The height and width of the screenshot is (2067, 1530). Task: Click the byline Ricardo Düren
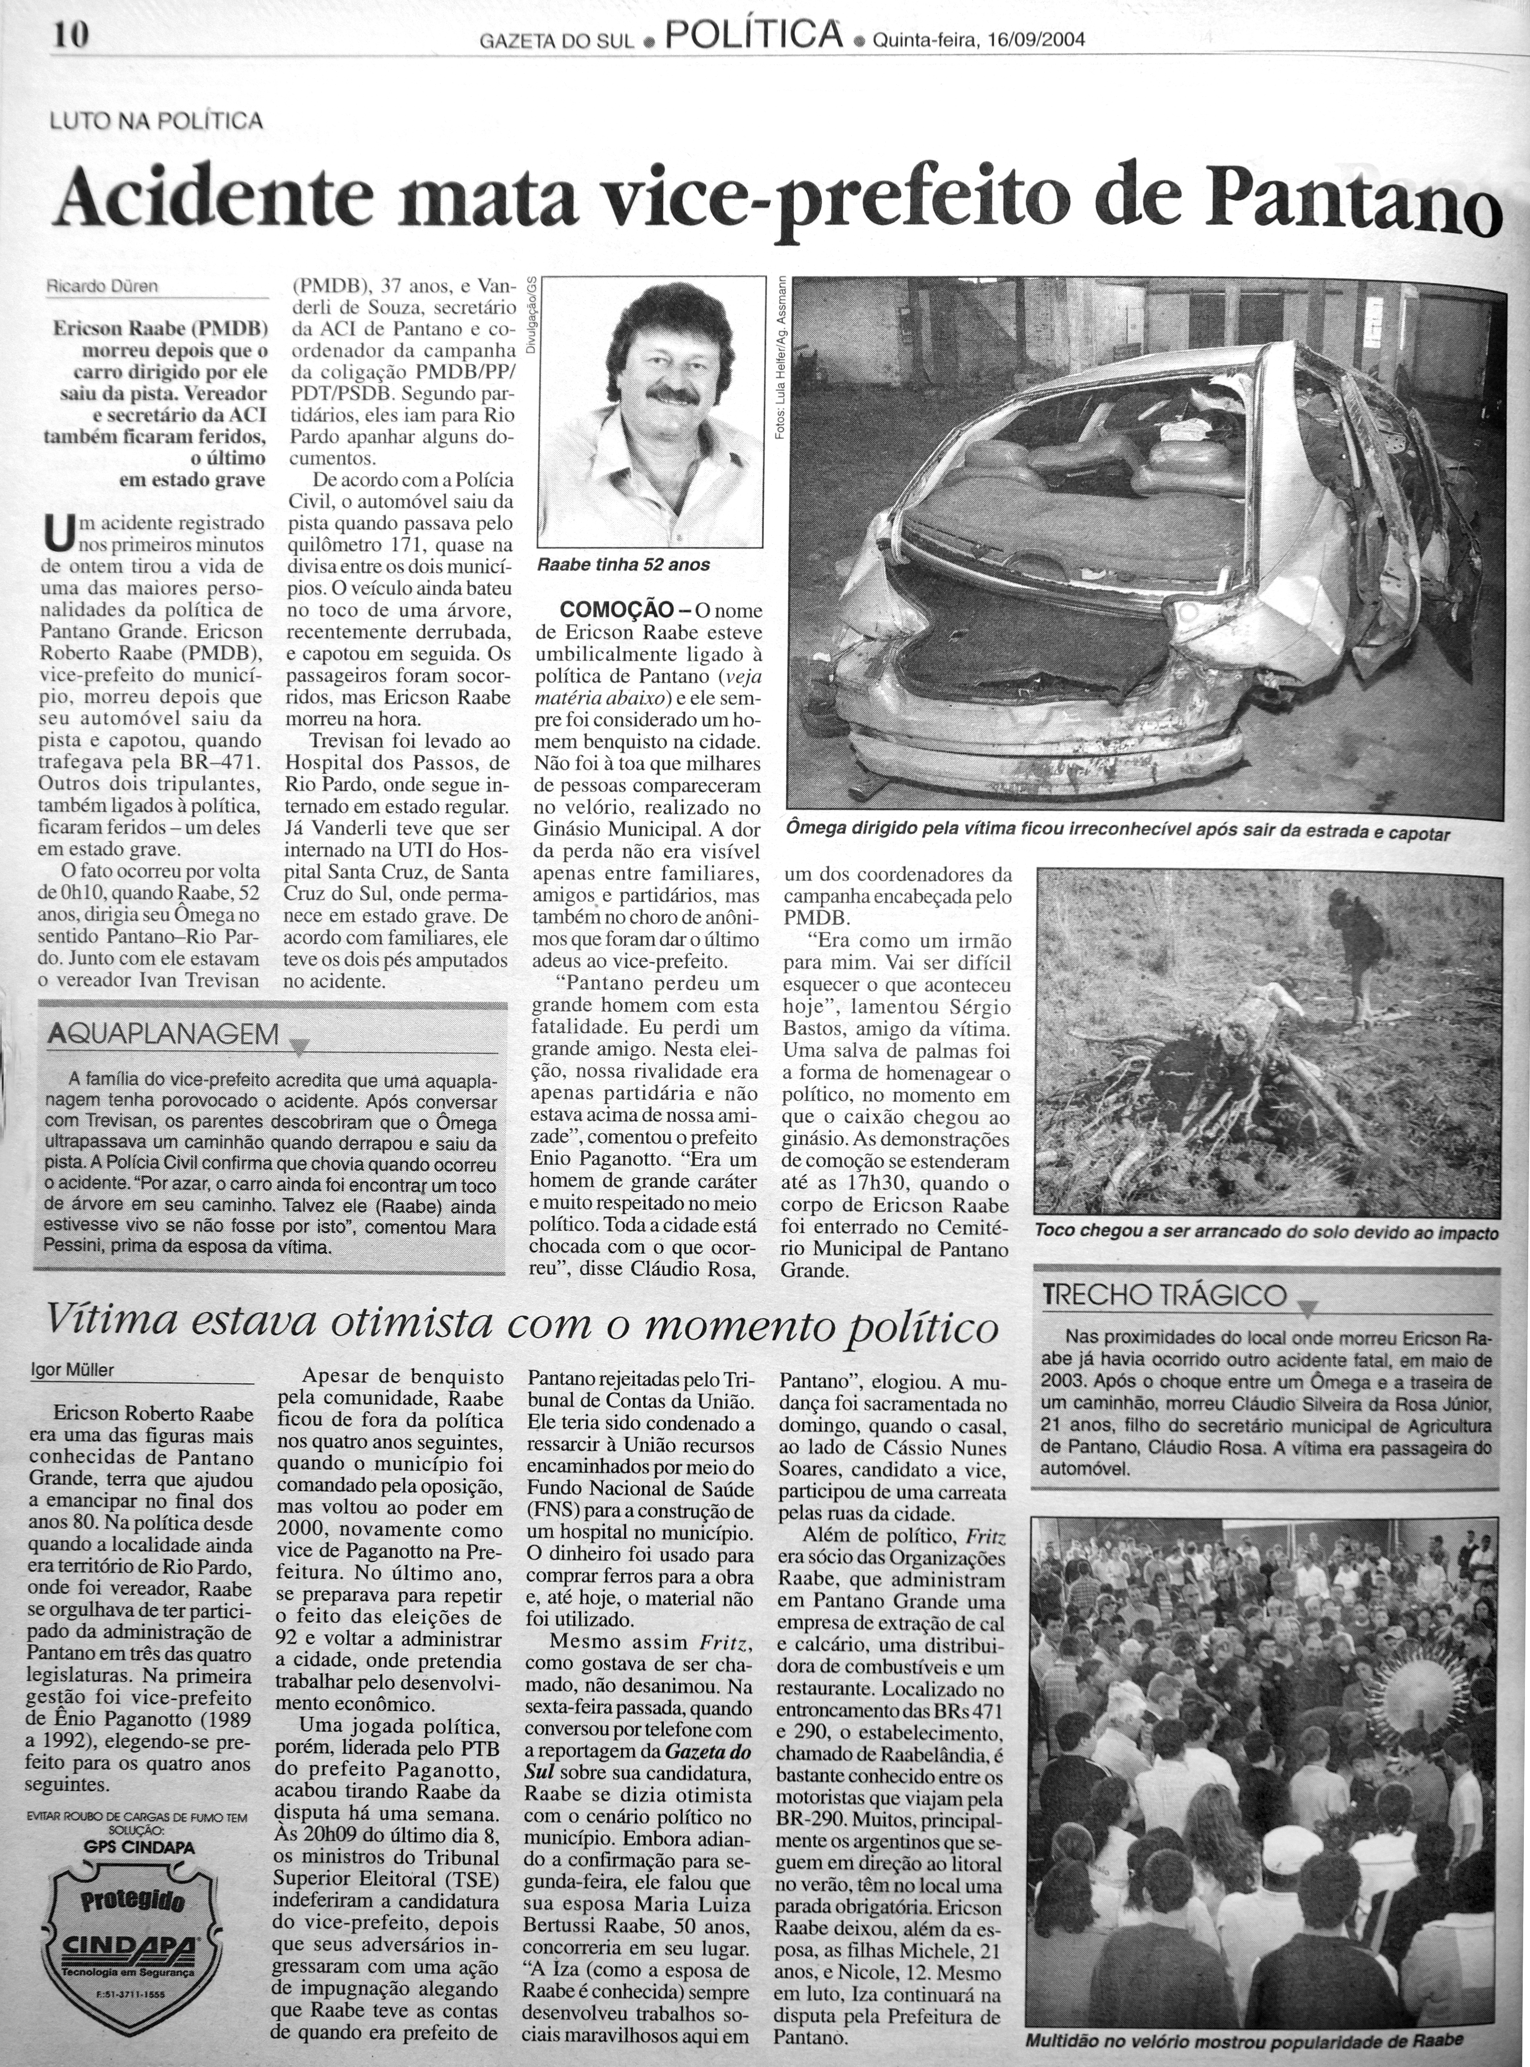click(103, 286)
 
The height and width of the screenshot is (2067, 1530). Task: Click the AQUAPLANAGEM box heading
click(163, 1033)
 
